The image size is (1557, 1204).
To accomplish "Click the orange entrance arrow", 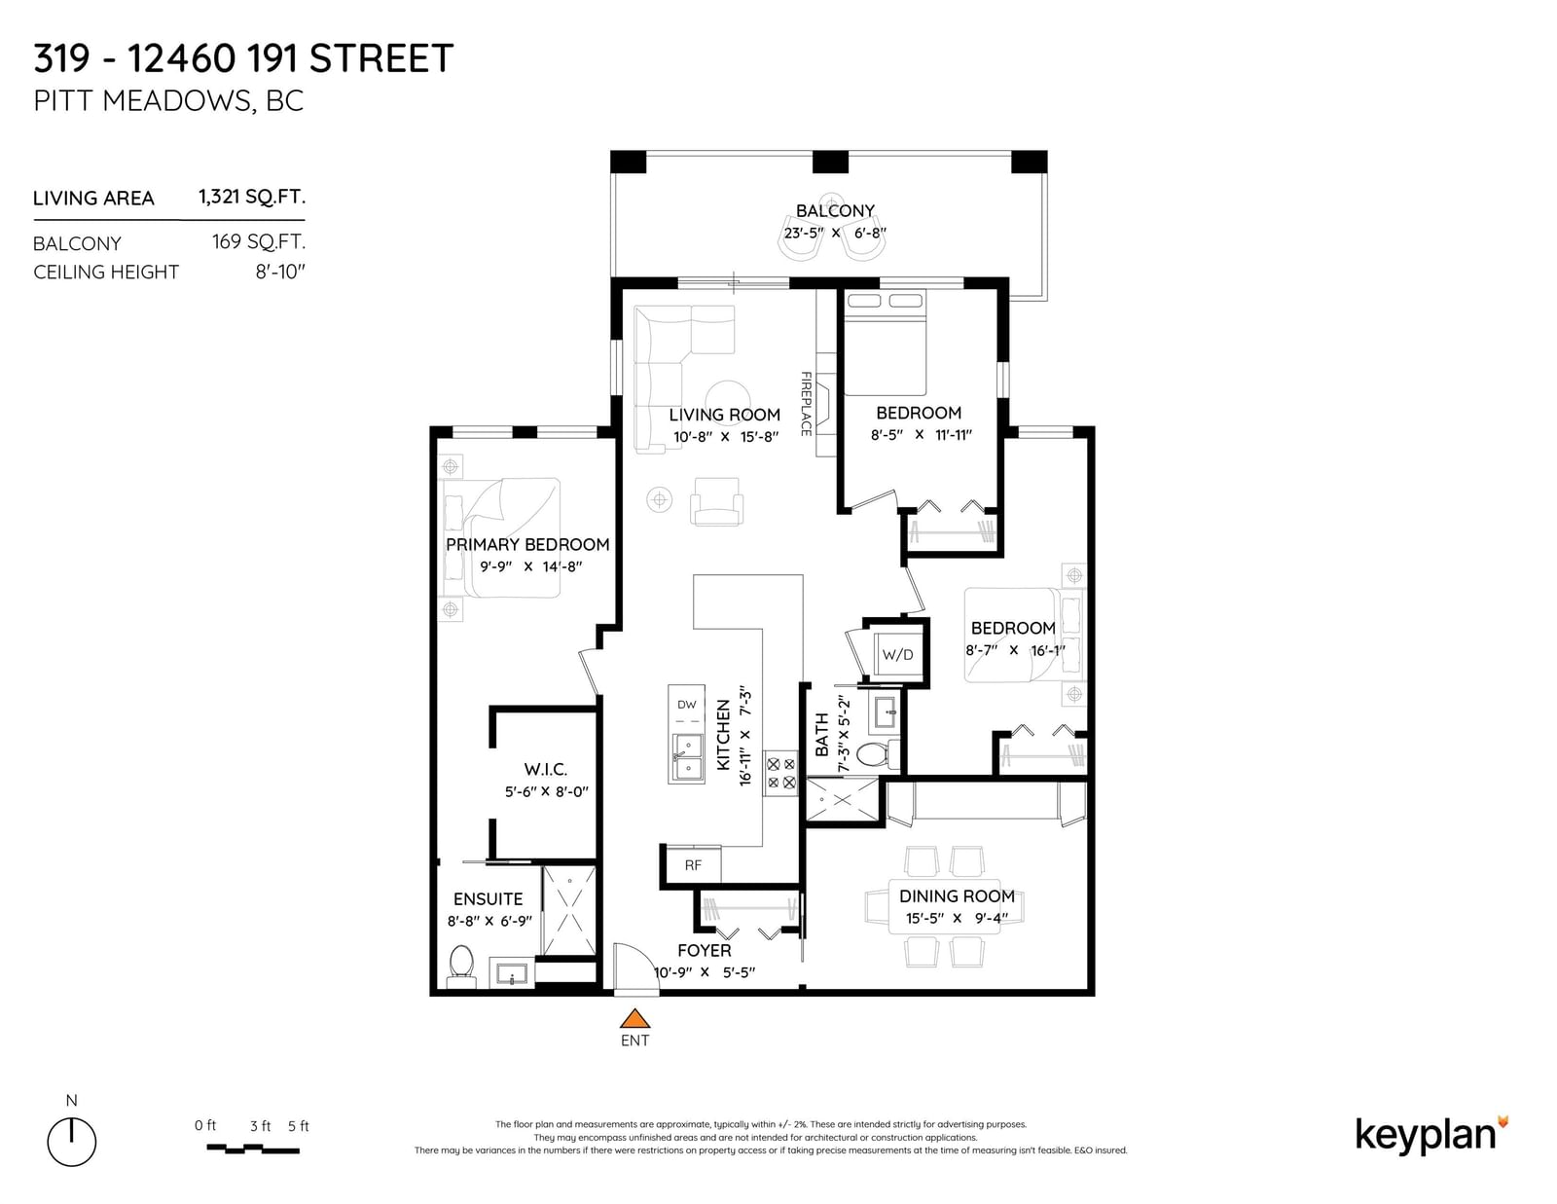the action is click(634, 1018).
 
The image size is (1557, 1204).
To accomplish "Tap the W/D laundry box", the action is click(897, 654).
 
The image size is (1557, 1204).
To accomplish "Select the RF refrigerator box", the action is click(692, 865).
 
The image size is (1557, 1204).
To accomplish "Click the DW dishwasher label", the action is click(686, 705).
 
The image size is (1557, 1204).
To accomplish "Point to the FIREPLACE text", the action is click(806, 404).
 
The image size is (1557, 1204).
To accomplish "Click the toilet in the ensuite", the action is click(461, 964).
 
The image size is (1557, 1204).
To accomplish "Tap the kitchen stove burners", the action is click(781, 773).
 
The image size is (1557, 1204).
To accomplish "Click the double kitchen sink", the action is click(686, 758).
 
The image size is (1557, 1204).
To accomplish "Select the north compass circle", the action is click(72, 1141).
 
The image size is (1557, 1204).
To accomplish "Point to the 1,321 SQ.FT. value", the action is click(251, 197).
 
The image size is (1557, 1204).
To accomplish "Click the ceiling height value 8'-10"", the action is click(280, 272).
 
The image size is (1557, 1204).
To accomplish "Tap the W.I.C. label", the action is click(545, 769).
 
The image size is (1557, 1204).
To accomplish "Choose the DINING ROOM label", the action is click(957, 895).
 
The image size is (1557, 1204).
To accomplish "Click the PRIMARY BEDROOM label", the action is click(527, 545).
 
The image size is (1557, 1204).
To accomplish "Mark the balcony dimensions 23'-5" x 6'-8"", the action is click(835, 233).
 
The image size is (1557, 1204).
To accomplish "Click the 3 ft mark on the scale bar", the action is click(260, 1126).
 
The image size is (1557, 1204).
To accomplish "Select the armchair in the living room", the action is click(716, 501).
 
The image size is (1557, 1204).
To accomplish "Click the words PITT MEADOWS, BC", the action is click(168, 101).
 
